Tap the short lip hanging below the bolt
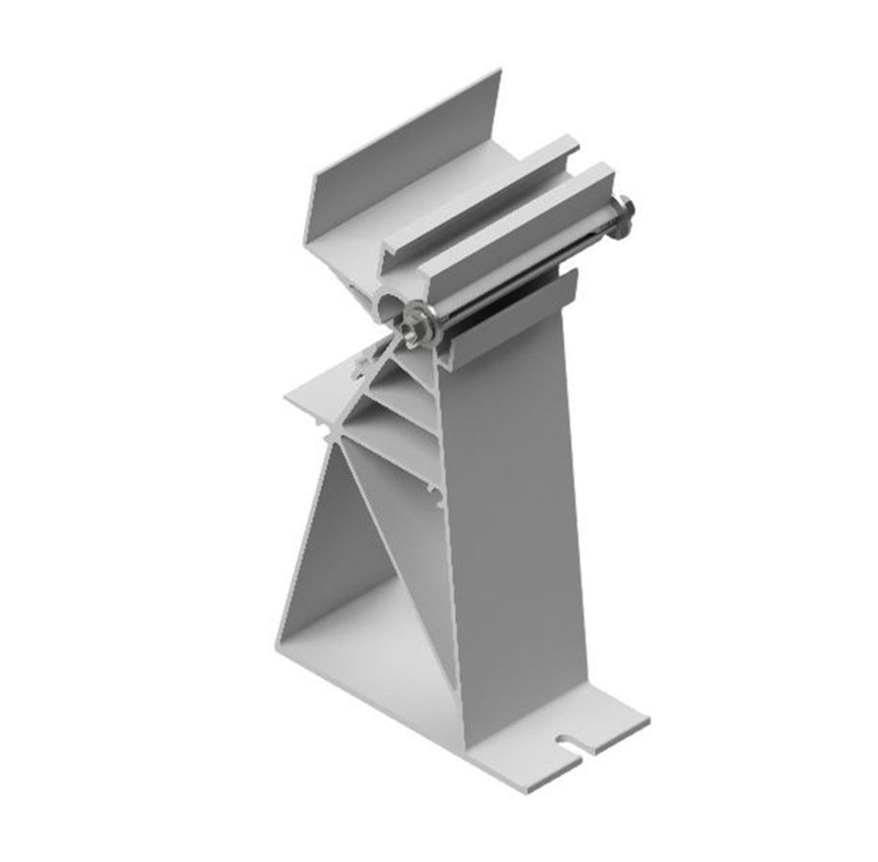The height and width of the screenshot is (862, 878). tap(518, 316)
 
